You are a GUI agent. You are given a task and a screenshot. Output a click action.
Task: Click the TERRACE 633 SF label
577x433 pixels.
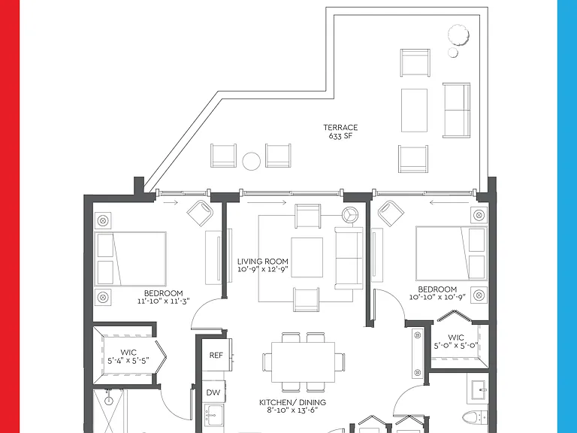340,132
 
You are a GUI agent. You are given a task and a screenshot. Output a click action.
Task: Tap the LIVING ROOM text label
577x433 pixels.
263,262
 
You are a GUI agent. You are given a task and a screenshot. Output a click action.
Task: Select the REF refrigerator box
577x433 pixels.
216,355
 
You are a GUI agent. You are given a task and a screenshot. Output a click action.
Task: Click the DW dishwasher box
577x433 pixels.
213,392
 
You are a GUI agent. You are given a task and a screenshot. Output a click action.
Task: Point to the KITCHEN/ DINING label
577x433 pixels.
292,402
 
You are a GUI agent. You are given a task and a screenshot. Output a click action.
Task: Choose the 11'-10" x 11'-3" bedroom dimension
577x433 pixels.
163,301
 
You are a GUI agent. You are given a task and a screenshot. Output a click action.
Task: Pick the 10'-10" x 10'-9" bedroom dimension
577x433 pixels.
437,297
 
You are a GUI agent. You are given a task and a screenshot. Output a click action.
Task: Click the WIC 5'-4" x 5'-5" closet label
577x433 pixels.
128,356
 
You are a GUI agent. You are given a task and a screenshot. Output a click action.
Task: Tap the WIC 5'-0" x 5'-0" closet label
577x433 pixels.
456,341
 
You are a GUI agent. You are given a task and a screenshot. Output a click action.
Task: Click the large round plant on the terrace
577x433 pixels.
458,35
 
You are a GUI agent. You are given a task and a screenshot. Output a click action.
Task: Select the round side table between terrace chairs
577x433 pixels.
252,162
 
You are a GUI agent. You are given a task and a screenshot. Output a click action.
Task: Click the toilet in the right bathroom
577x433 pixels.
474,418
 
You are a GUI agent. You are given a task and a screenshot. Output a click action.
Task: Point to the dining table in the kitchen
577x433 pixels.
304,362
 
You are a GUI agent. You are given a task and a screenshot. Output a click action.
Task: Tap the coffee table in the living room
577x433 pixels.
307,257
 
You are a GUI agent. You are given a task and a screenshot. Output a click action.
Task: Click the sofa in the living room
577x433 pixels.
349,258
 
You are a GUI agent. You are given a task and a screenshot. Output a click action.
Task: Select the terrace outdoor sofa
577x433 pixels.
456,111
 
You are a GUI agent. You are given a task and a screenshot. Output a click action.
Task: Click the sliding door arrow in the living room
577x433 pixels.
267,202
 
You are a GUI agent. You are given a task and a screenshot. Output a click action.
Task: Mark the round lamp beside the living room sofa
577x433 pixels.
350,215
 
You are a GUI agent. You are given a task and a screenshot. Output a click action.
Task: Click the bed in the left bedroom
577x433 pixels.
131,259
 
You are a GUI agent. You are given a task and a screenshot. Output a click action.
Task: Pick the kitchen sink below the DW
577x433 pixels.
214,415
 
